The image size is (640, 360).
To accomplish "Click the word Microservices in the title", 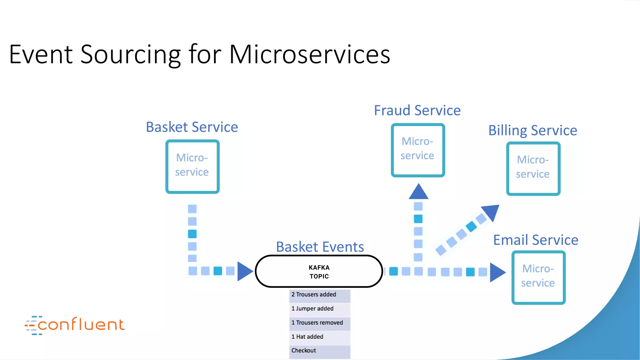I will tap(309, 55).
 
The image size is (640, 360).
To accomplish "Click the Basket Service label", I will tap(192, 127).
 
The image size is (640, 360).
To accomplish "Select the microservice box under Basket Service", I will tap(192, 166).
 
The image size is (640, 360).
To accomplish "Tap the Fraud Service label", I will tap(417, 111).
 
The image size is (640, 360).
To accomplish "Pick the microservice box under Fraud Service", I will tap(418, 150).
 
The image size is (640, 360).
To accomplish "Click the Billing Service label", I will tap(532, 130).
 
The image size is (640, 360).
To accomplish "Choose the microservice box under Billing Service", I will tap(533, 168).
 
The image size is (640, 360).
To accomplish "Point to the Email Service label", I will tap(536, 240).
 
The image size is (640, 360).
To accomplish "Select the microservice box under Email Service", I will tap(538, 277).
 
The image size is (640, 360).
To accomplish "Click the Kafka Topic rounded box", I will tap(319, 272).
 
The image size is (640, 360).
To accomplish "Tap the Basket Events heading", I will tap(320, 247).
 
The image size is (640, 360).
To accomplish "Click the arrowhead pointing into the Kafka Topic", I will tap(244, 271).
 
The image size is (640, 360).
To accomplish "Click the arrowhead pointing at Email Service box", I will tap(497, 272).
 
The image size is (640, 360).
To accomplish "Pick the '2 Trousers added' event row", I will tap(319, 295).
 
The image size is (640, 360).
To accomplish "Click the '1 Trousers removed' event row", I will tap(319, 323).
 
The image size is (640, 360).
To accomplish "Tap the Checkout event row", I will tap(319, 351).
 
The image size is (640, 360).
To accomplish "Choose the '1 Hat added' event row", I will tap(319, 337).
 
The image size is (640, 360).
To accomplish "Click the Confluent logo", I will tap(75, 325).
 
